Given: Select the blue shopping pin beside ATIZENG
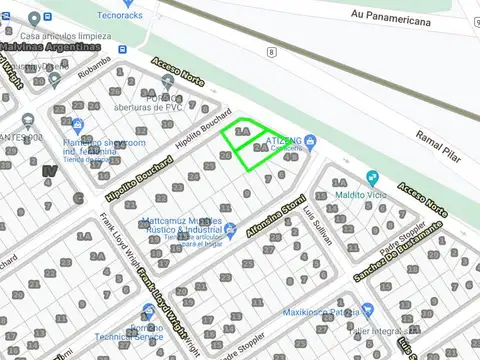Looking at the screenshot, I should (309, 141).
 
